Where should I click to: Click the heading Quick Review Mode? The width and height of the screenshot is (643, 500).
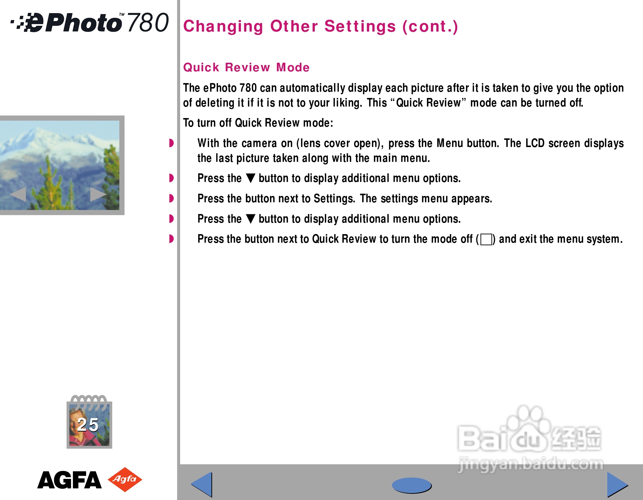point(246,67)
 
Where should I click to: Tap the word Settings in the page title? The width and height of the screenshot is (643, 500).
point(360,26)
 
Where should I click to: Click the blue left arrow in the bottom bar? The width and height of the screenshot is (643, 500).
point(202,484)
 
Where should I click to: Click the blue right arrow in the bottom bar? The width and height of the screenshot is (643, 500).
point(617,484)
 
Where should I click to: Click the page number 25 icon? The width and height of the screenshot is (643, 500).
point(89,422)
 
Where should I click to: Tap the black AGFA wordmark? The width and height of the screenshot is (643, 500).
point(69,480)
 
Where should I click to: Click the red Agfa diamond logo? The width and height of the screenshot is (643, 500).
point(125,479)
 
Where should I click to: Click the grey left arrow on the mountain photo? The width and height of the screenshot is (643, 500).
point(18,194)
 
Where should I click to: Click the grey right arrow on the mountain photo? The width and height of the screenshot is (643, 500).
point(98,194)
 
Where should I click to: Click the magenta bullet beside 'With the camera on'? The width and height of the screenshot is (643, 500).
point(171,143)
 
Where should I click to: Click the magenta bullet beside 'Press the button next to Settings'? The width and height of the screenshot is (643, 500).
point(171,198)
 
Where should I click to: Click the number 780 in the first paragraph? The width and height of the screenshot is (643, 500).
point(248,88)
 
